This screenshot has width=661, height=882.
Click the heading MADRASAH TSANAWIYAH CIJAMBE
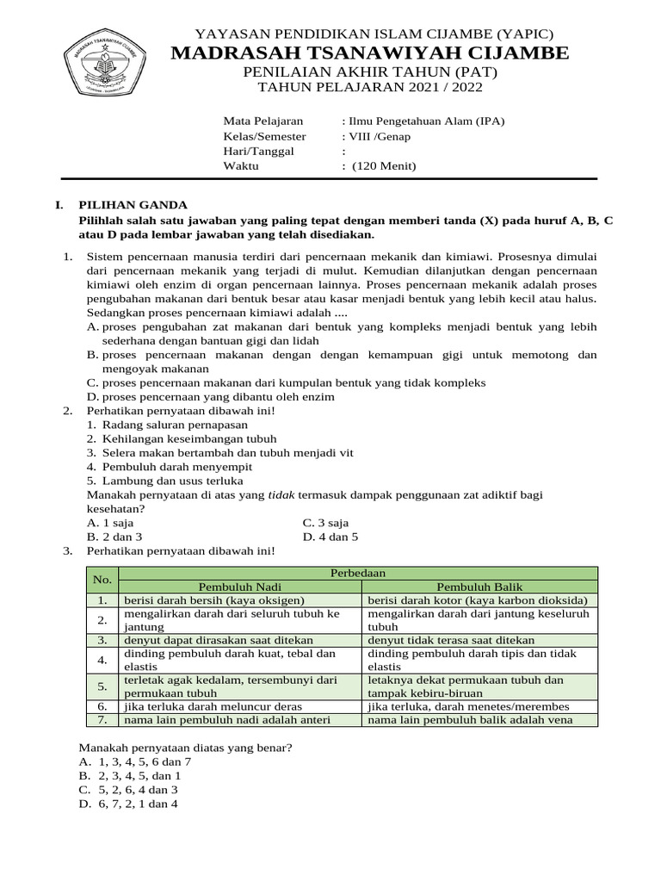coord(370,53)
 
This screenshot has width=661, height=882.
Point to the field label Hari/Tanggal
coord(258,152)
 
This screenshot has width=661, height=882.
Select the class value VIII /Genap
coord(375,136)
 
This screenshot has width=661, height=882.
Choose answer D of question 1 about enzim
coord(211,397)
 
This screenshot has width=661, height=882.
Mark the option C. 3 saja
coord(325,523)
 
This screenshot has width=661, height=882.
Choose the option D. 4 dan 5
coord(330,537)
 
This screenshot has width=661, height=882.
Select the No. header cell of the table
coord(102,580)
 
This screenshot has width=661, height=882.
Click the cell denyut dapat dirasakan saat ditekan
coord(219,640)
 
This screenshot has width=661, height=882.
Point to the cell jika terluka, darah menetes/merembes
coord(468,706)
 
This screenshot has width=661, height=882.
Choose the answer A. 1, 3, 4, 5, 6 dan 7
coord(135,762)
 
